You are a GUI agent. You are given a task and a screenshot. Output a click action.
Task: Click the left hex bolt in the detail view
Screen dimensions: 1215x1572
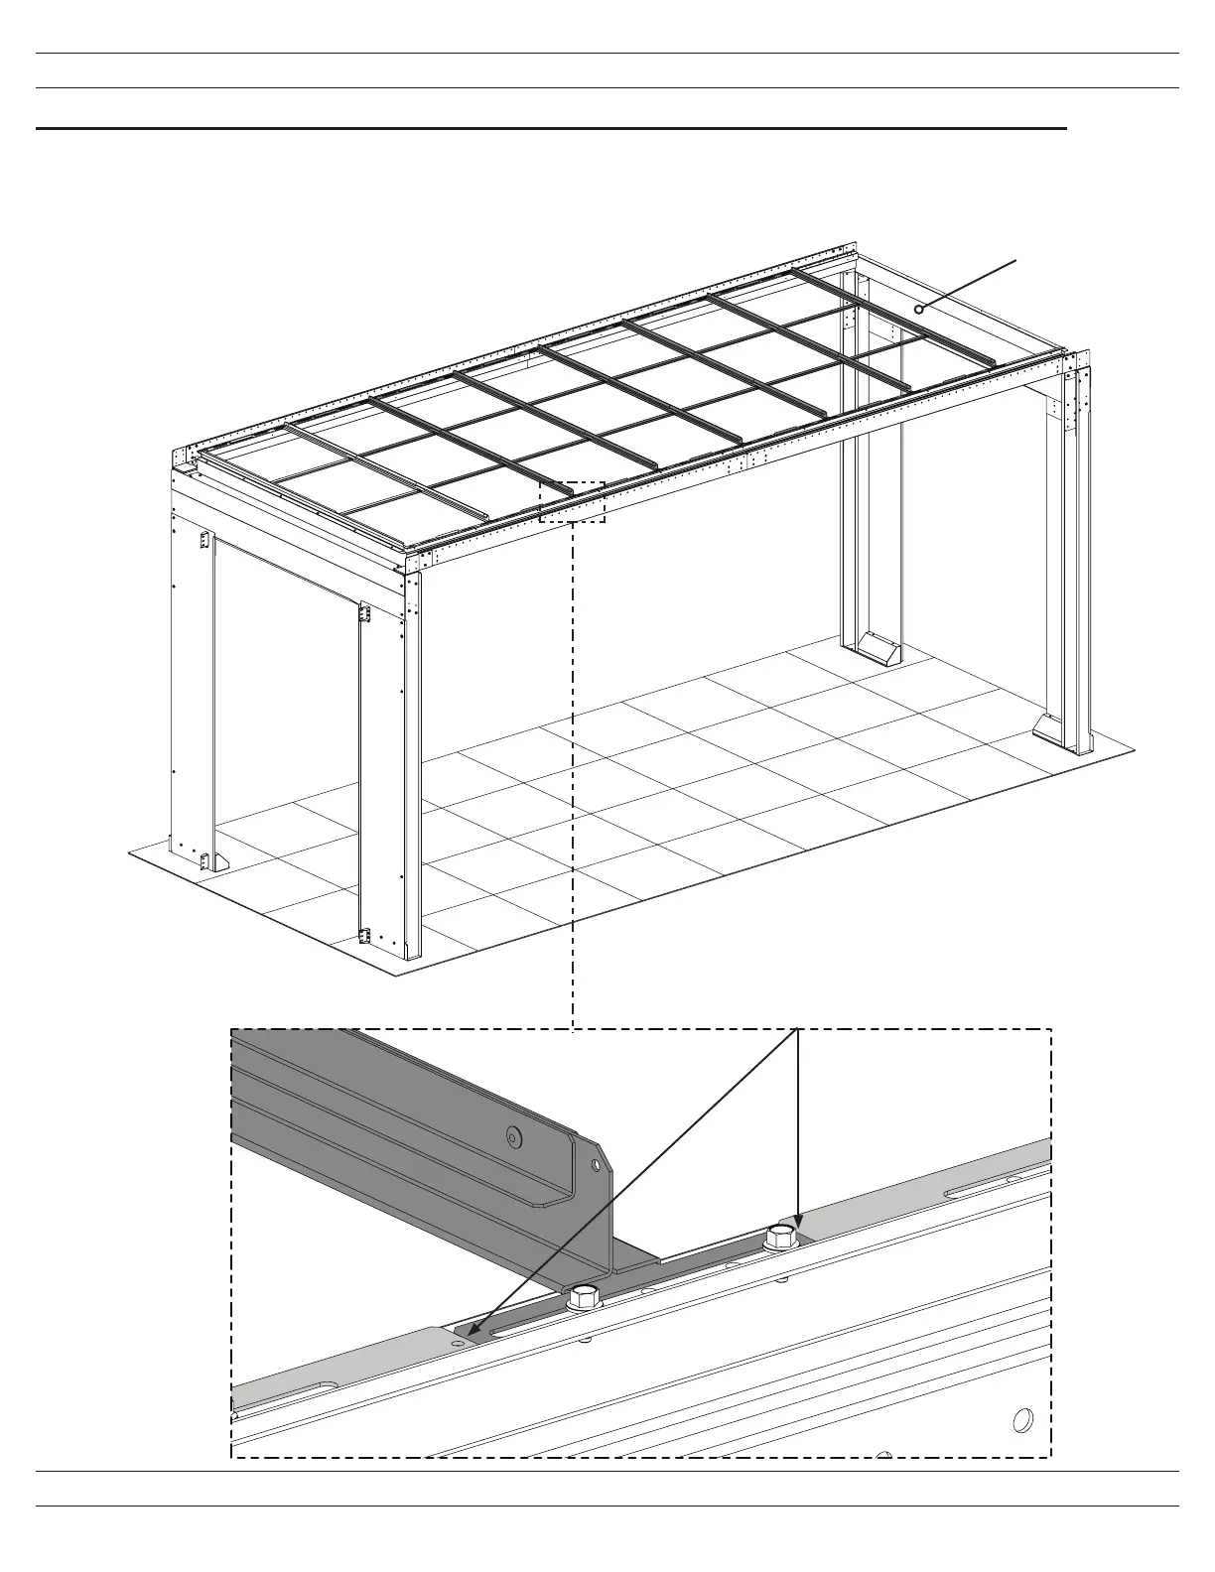(584, 1295)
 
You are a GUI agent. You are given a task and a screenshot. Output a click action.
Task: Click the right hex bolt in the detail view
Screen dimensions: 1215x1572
(780, 1238)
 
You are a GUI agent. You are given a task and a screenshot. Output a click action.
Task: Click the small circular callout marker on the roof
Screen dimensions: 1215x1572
(919, 309)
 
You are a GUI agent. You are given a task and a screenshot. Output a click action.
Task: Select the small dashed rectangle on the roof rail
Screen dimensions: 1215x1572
(572, 502)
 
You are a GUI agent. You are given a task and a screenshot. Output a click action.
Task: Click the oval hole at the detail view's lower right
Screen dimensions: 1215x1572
(1019, 1420)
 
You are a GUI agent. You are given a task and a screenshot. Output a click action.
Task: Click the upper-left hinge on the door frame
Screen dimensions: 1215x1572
(205, 540)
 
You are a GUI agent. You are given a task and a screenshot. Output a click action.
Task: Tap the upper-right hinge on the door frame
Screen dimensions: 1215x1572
(364, 614)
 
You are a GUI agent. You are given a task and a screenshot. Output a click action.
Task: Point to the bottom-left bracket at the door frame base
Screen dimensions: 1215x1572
(206, 860)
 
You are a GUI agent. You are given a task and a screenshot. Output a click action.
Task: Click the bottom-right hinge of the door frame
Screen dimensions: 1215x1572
(365, 936)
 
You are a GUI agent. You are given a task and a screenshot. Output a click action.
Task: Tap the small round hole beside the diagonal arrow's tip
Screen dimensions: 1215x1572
(457, 1342)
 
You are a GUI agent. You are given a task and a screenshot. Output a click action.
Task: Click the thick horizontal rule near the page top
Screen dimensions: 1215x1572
(551, 128)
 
